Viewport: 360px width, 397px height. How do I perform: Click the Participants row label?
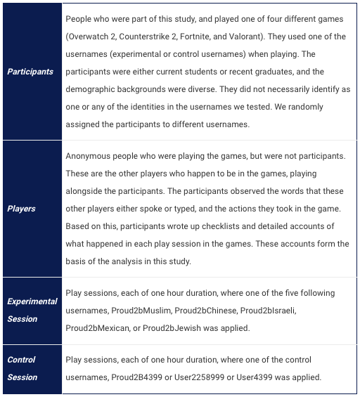[x=30, y=72]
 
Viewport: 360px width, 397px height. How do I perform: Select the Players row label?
[x=22, y=209]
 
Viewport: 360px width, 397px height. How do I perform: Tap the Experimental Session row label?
[x=32, y=310]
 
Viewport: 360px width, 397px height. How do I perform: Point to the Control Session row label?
[x=22, y=368]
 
